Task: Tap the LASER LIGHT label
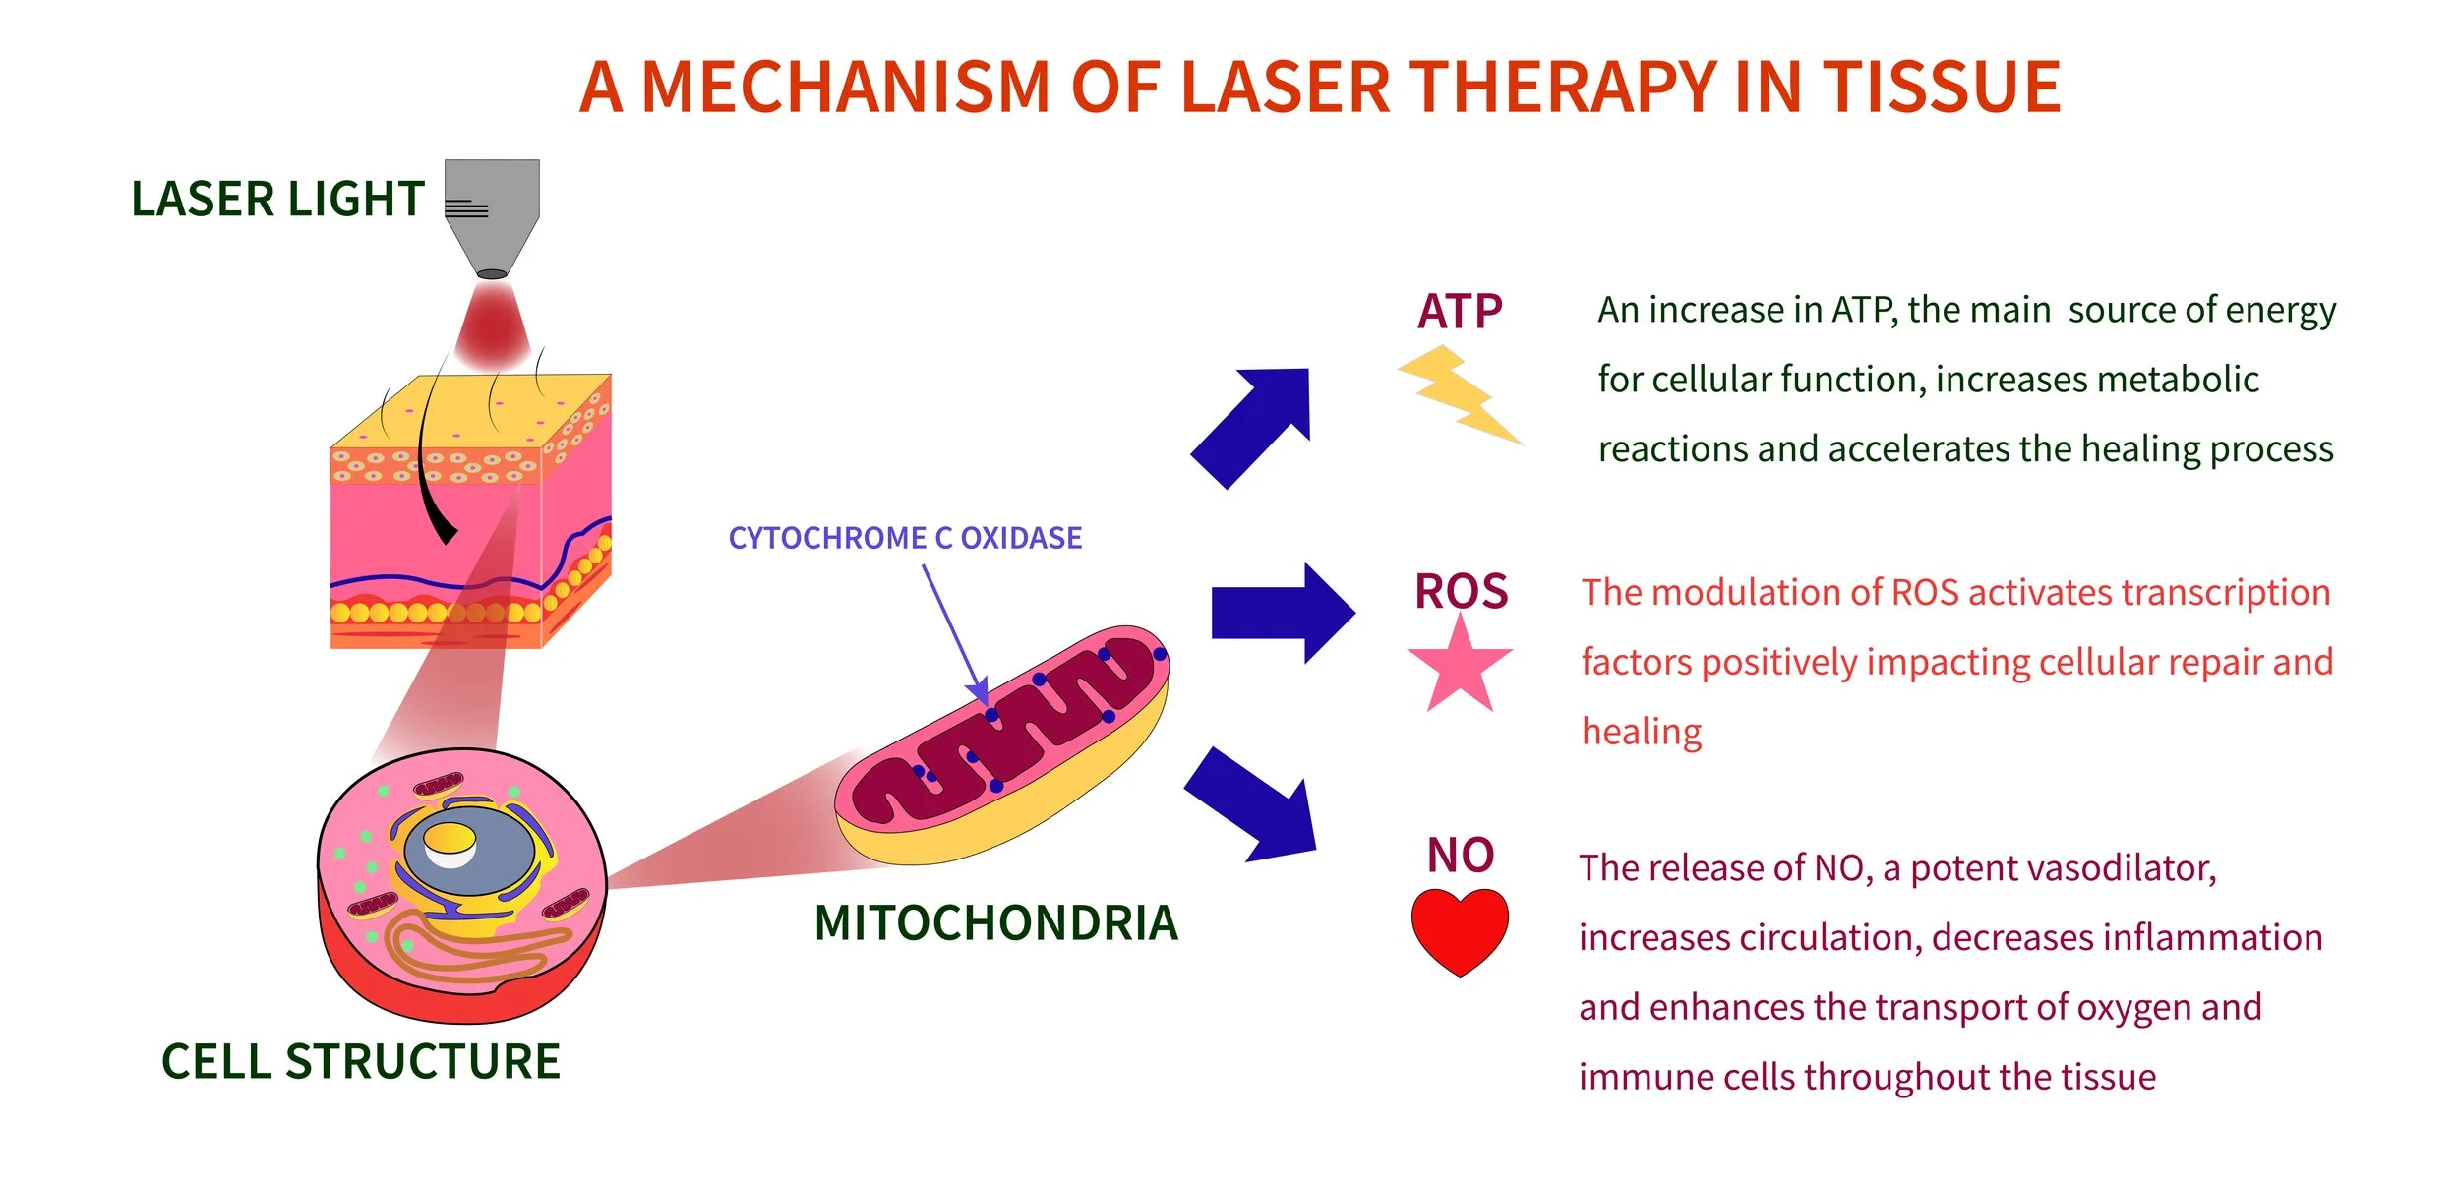click(x=277, y=200)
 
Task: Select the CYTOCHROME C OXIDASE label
click(x=904, y=538)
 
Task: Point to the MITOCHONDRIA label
click(x=995, y=922)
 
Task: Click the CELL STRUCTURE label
click(x=360, y=1062)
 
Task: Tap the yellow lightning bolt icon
click(x=1459, y=394)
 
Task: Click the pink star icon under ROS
click(x=1460, y=668)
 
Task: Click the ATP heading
click(x=1459, y=312)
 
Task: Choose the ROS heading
click(x=1461, y=592)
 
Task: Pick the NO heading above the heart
click(x=1461, y=855)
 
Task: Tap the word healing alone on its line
click(x=1641, y=732)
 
